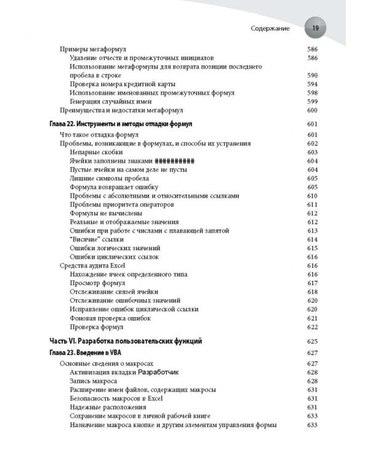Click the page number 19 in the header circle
(x=315, y=28)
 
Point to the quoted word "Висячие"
(x=84, y=239)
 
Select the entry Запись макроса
(x=93, y=381)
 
